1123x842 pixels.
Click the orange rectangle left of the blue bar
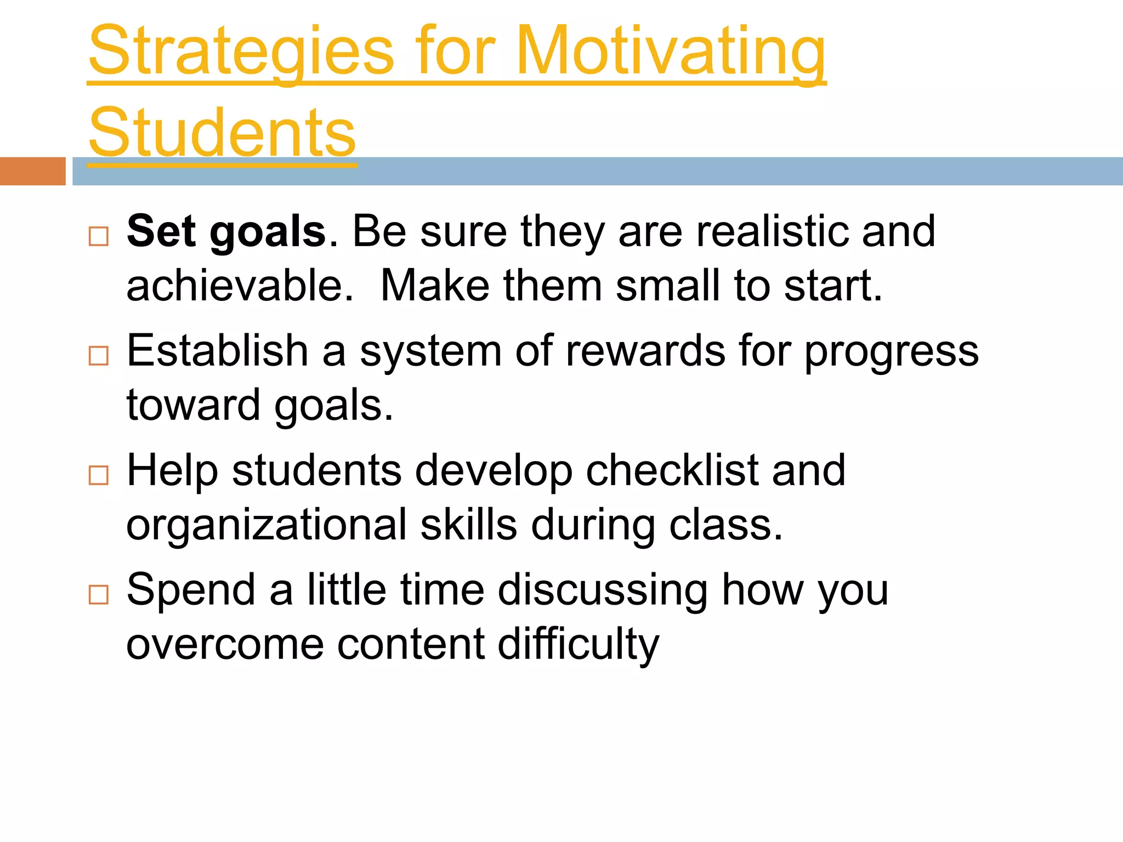tap(32, 171)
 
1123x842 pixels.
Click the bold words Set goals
tap(226, 231)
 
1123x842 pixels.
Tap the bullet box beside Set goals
tap(99, 237)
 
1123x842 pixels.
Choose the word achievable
tap(240, 286)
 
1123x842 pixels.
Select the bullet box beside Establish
tap(99, 356)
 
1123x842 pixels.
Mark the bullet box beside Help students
tap(99, 475)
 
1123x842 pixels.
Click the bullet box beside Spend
tap(99, 595)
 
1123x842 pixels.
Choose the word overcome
tap(225, 645)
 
